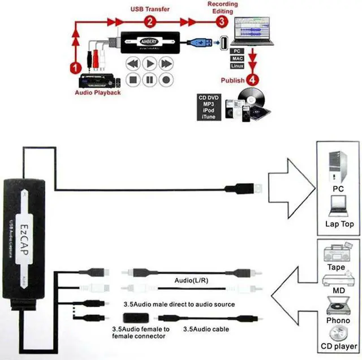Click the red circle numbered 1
(74, 67)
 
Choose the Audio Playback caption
(98, 92)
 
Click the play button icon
(149, 64)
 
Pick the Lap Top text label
(339, 224)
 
